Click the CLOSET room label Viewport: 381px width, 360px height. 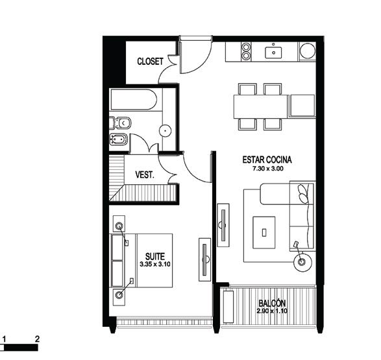pyautogui.click(x=150, y=62)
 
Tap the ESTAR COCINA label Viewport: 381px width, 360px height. pyautogui.click(x=267, y=160)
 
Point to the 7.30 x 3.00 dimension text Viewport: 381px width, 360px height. pyautogui.click(x=268, y=169)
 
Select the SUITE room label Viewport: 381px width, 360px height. pyautogui.click(x=155, y=256)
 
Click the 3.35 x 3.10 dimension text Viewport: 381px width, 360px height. pyautogui.click(x=155, y=264)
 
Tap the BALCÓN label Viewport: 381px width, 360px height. pyautogui.click(x=272, y=303)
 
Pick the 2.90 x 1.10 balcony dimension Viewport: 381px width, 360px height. pyautogui.click(x=272, y=311)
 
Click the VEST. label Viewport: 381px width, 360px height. pyautogui.click(x=145, y=174)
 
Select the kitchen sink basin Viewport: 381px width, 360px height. pyautogui.click(x=273, y=53)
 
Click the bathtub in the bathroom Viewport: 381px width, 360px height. pyautogui.click(x=134, y=100)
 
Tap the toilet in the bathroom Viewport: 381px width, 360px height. pyautogui.click(x=120, y=123)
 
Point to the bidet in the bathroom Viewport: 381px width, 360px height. pyautogui.click(x=118, y=139)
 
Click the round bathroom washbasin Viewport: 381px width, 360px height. pyautogui.click(x=166, y=131)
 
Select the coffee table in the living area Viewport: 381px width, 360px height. pyautogui.click(x=264, y=233)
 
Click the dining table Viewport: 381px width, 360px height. pyautogui.click(x=261, y=106)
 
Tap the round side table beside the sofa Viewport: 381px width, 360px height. pyautogui.click(x=302, y=262)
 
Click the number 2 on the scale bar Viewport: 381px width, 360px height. pyautogui.click(x=37, y=339)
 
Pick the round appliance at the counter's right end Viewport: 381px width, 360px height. pyautogui.click(x=308, y=51)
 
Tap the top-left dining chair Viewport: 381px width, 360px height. pyautogui.click(x=247, y=89)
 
